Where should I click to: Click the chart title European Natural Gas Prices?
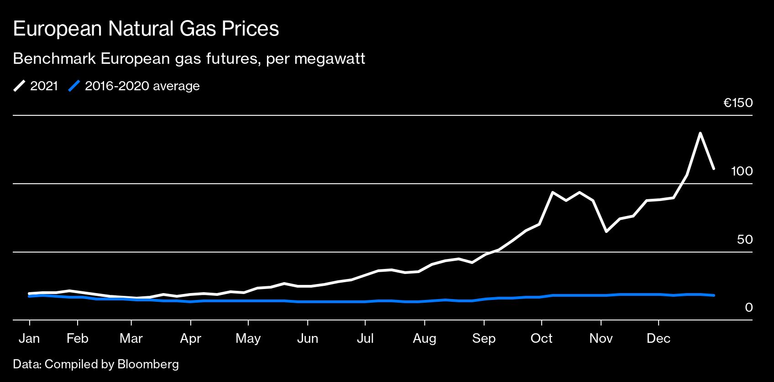[x=146, y=29]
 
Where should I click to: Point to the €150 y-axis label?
[x=738, y=103]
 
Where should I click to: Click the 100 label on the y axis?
[x=742, y=171]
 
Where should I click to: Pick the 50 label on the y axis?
[x=744, y=240]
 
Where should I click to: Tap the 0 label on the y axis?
[x=748, y=308]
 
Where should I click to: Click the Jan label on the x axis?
[x=29, y=339]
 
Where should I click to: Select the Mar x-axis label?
[x=131, y=339]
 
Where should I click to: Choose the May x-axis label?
[x=248, y=339]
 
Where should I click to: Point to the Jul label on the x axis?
[x=365, y=339]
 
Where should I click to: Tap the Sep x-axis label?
[x=484, y=339]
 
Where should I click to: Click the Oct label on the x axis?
[x=541, y=339]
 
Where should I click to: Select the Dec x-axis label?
[x=659, y=339]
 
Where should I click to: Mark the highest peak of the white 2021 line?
[x=700, y=133]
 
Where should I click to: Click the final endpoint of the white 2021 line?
[x=714, y=169]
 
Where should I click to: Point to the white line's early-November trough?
[x=606, y=232]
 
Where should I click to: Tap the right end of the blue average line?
[x=714, y=295]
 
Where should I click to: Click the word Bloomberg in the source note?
[x=148, y=364]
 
